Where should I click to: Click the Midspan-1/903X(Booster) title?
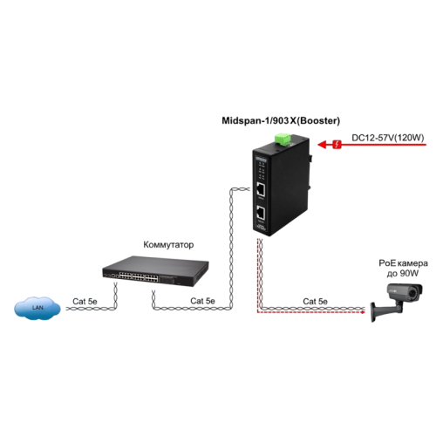click(x=280, y=121)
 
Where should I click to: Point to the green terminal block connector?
click(x=282, y=139)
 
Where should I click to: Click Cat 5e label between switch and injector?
click(x=202, y=300)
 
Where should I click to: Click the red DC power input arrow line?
click(x=375, y=146)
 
